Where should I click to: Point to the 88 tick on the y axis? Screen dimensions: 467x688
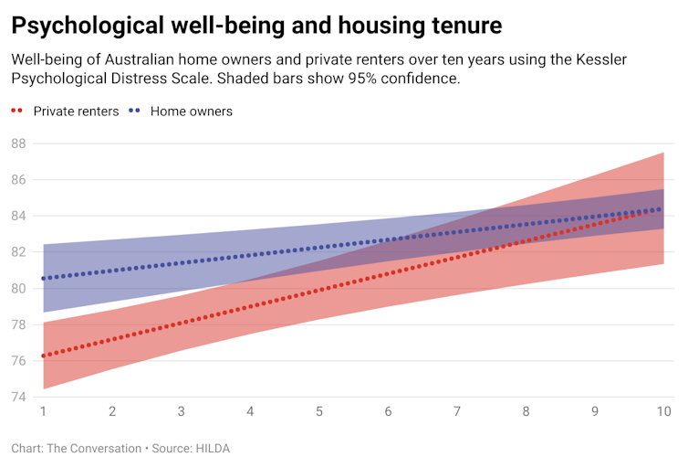pyautogui.click(x=18, y=143)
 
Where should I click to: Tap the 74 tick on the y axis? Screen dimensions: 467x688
pyautogui.click(x=18, y=397)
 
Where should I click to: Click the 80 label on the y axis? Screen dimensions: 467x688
pyautogui.click(x=18, y=288)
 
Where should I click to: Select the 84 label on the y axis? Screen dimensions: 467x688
pyautogui.click(x=18, y=216)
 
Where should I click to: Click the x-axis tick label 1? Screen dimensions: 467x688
pyautogui.click(x=43, y=412)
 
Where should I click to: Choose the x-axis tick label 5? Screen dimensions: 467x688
pyautogui.click(x=319, y=412)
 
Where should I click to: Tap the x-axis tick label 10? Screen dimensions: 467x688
pyautogui.click(x=663, y=412)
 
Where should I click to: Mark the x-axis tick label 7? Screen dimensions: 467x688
pyautogui.click(x=457, y=412)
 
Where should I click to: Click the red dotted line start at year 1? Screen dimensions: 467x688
pyautogui.click(x=44, y=356)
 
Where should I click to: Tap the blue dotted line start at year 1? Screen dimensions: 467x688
pyautogui.click(x=44, y=278)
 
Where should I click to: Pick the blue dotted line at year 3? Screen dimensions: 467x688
pyautogui.click(x=182, y=263)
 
